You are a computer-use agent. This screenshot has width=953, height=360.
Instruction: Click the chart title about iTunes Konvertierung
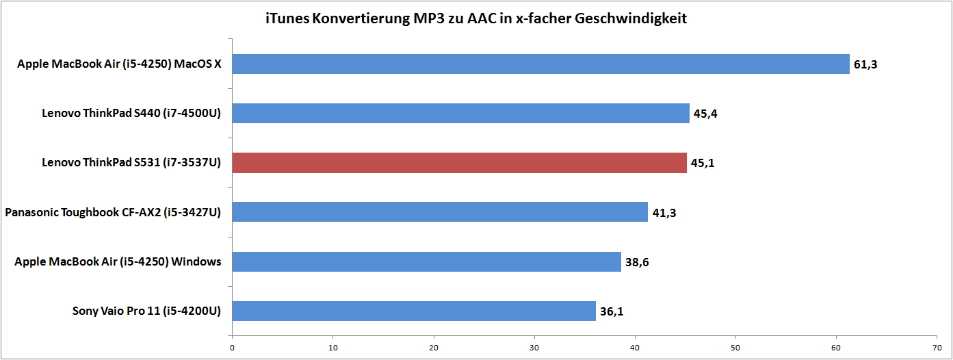(476, 18)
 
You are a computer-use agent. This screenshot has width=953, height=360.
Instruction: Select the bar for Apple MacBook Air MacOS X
(540, 64)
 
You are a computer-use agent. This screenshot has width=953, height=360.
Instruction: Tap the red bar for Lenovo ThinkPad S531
(459, 163)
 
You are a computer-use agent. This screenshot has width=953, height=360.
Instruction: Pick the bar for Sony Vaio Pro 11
(414, 311)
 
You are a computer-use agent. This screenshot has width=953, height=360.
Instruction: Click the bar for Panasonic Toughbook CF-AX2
(440, 212)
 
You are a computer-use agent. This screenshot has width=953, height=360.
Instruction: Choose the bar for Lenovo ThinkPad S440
(460, 114)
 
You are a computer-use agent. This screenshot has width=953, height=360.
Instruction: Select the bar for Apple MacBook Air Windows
(426, 261)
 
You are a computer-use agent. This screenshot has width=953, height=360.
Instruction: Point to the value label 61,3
(865, 65)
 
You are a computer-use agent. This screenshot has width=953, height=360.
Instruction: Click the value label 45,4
(705, 114)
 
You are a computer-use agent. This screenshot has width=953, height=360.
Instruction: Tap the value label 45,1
(703, 164)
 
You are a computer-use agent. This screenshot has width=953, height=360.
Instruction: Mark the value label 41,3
(664, 213)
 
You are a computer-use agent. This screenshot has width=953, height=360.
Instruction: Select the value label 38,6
(637, 262)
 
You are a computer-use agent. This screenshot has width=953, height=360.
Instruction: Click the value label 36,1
(612, 311)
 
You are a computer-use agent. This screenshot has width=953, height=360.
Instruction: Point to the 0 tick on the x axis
(233, 348)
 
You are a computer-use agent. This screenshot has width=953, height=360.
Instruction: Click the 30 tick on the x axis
(534, 348)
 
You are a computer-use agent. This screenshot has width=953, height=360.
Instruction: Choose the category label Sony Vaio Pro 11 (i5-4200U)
(146, 311)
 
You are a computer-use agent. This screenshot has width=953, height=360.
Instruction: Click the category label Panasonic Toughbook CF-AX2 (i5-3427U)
(113, 212)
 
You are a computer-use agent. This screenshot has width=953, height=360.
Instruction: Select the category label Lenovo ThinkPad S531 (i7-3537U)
(131, 163)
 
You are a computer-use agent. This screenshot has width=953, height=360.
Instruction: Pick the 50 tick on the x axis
(735, 348)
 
